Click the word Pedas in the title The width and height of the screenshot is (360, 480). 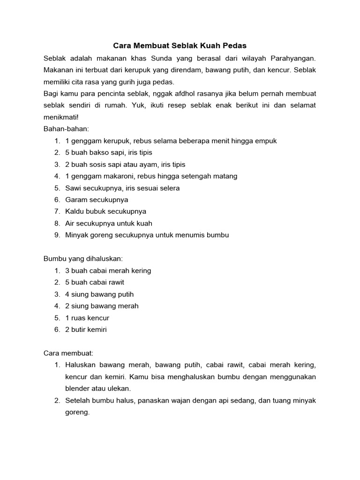236,46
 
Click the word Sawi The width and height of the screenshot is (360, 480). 73,188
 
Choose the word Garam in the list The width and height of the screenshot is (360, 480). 75,200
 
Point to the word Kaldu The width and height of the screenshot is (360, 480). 74,211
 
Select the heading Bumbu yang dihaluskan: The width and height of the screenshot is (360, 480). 83,258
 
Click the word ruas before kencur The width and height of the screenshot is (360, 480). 79,318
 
